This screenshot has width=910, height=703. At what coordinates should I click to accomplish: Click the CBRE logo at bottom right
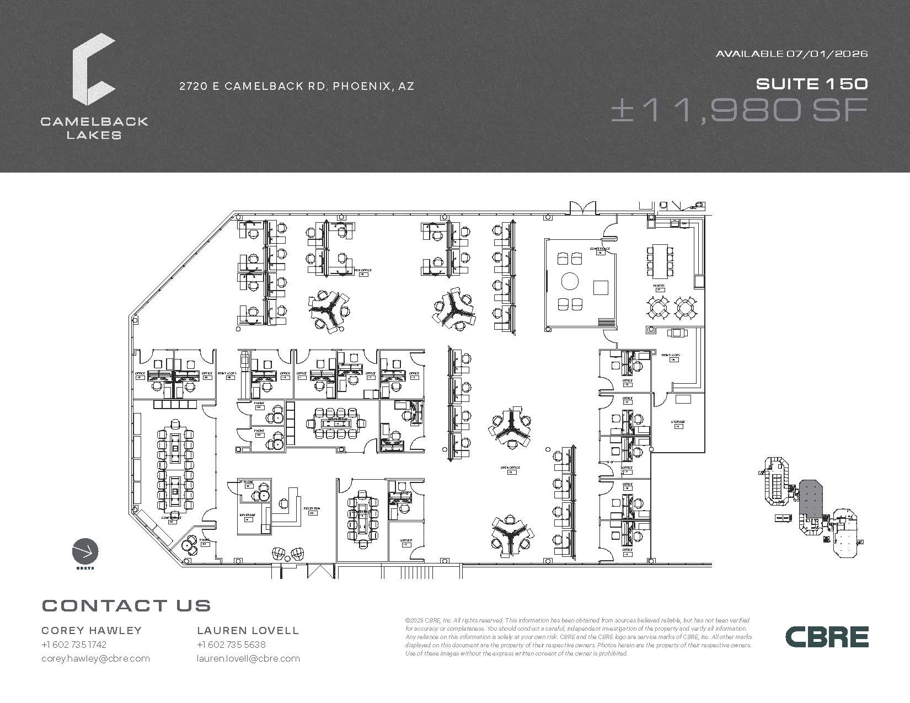point(827,637)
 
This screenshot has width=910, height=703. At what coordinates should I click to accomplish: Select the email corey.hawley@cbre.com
point(95,658)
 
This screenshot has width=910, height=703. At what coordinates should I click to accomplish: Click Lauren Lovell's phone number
point(231,645)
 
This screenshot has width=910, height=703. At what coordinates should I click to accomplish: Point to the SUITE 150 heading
point(812,84)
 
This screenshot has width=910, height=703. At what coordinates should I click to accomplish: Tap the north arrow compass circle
point(85,551)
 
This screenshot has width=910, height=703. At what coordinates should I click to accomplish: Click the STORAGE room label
point(678,422)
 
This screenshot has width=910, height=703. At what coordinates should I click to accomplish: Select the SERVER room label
point(406,540)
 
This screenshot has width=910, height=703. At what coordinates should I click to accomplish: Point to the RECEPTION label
point(312,509)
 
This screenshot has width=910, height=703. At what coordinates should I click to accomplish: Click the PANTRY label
point(659,286)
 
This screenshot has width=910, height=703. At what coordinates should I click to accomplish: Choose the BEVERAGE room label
point(247,515)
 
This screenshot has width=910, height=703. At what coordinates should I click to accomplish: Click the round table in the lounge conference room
point(570,282)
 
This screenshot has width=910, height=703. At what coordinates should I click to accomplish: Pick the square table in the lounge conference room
point(601,288)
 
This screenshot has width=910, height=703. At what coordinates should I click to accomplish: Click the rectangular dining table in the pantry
point(659,261)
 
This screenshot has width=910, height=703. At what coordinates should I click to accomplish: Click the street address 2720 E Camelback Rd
point(297,86)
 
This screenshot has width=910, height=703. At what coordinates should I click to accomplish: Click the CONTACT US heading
point(126,605)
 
